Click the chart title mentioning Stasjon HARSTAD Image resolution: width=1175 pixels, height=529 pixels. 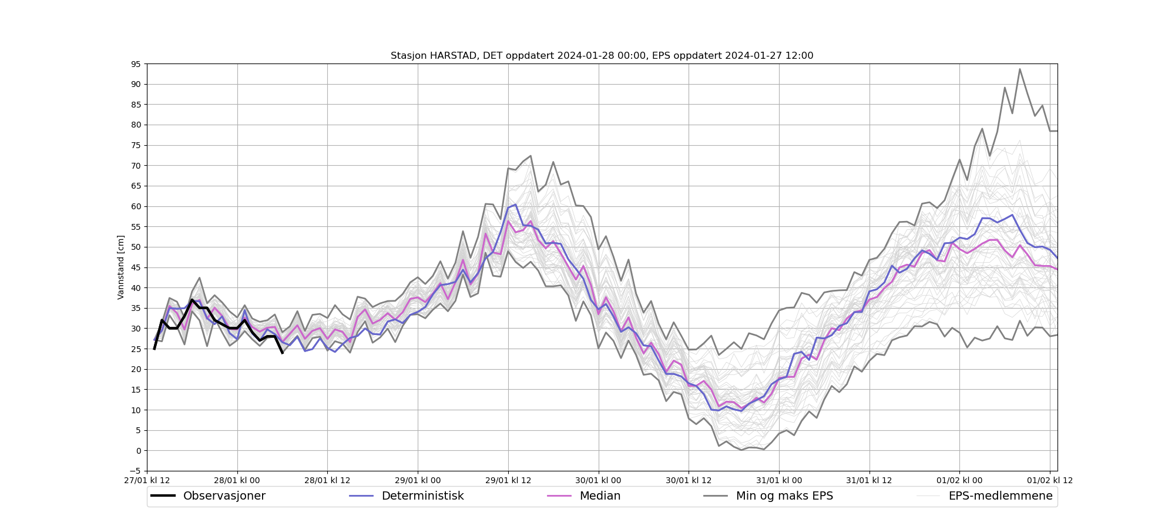click(602, 56)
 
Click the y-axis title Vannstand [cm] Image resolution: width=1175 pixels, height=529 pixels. click(120, 267)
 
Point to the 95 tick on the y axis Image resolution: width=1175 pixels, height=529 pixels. click(136, 64)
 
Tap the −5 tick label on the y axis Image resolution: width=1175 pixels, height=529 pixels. click(135, 471)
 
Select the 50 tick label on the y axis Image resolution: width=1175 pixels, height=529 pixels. click(136, 247)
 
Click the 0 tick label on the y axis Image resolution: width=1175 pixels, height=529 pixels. click(139, 451)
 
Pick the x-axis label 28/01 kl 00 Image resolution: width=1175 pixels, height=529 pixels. click(237, 480)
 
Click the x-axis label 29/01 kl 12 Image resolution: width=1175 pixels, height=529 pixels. click(508, 480)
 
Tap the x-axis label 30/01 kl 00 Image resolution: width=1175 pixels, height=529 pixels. click(599, 480)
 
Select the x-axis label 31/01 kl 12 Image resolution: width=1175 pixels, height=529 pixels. click(869, 480)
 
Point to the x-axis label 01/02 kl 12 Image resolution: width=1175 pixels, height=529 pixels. click(1050, 480)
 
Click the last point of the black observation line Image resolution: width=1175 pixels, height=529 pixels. click(283, 353)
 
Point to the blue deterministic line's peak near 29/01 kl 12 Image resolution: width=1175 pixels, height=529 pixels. click(515, 205)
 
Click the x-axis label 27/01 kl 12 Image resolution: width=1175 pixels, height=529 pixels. click(147, 480)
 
